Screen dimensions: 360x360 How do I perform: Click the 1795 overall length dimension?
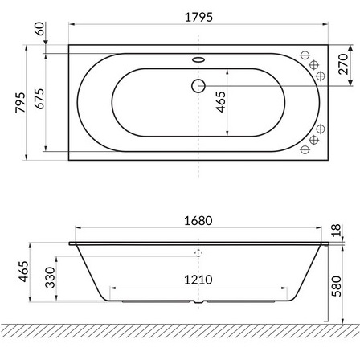click(198, 17)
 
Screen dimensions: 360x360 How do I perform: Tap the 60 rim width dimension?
click(40, 29)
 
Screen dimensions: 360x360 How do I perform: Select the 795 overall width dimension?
click(20, 103)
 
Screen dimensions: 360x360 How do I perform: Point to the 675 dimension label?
click(39, 99)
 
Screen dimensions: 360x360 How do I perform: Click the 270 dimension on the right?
click(343, 64)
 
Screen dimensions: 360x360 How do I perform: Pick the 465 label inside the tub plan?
click(221, 102)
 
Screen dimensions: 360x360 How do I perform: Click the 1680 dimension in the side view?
click(198, 221)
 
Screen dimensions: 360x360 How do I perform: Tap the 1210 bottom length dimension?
click(198, 280)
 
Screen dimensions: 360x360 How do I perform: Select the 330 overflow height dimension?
click(50, 277)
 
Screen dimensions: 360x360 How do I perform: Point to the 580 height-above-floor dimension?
click(337, 286)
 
